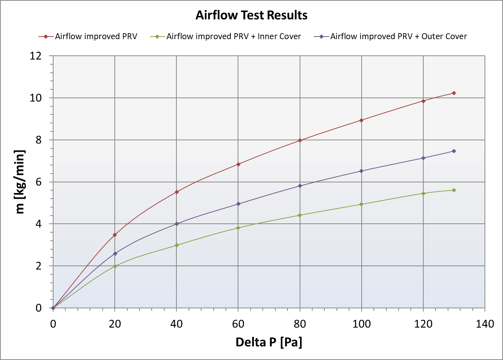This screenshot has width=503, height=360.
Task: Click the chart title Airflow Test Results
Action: tap(251, 15)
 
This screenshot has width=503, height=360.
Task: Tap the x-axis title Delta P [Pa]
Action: tap(269, 342)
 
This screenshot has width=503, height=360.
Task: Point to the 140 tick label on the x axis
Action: tap(485, 324)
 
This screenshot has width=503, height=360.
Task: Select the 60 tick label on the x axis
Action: tap(238, 324)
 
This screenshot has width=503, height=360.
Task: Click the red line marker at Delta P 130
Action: tap(454, 93)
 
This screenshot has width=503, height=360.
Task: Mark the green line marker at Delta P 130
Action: tap(454, 190)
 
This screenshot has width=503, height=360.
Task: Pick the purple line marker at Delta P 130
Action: tap(454, 151)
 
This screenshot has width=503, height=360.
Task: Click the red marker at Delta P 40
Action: tap(177, 192)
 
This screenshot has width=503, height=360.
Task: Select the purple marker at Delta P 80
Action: tap(300, 186)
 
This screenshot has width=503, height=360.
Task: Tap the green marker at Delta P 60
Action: tap(238, 228)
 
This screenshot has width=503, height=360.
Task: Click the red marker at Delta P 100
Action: tap(361, 120)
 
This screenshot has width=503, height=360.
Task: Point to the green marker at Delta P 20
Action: tap(115, 266)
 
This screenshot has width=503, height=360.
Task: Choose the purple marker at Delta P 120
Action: tap(423, 158)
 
